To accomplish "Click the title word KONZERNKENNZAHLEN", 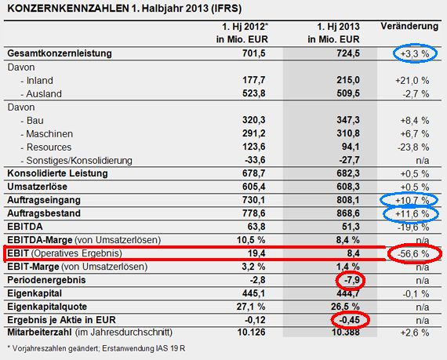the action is pos(68,9).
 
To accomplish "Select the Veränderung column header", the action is pos(409,26).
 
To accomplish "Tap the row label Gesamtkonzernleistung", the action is pos(60,53).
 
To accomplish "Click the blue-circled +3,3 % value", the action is pos(415,53).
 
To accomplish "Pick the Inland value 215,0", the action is pos(348,80).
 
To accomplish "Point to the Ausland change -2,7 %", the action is pos(416,94).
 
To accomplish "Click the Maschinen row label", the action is pos(49,133).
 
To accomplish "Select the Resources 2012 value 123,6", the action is pos(254,147).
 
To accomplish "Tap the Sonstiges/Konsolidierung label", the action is pos(79,161).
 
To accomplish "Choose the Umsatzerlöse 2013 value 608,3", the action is pos(348,187).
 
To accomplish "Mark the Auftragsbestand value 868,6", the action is pos(348,213).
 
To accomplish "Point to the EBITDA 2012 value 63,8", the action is pos(256,227).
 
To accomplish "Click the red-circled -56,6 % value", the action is pos(413,253).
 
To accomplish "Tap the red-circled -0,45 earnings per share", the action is pos(349,320).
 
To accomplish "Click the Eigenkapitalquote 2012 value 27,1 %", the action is pos(251,307).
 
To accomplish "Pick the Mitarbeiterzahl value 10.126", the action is pos(251,333).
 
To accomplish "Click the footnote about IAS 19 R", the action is pos(96,348).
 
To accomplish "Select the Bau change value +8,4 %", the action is pos(415,121).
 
